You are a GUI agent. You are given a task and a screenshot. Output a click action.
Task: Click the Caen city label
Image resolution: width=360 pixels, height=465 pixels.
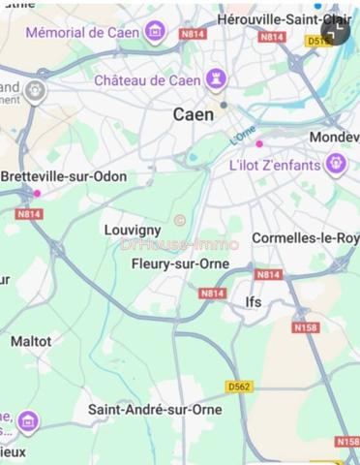click(194, 114)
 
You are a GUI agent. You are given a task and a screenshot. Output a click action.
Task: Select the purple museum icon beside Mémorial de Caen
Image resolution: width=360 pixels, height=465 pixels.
click(155, 32)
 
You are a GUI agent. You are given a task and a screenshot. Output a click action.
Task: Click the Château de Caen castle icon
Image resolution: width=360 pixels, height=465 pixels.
click(218, 79)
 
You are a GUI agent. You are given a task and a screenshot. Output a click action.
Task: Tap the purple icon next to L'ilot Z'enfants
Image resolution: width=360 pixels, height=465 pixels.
click(336, 164)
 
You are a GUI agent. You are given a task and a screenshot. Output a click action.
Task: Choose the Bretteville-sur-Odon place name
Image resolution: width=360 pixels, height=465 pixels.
click(64, 177)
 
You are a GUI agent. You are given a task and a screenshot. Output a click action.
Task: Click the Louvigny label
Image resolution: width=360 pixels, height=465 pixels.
click(132, 230)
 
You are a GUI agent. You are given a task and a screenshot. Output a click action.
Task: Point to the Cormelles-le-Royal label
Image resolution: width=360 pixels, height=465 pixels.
click(305, 237)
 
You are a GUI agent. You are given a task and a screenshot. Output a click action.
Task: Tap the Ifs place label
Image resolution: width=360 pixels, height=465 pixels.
click(254, 302)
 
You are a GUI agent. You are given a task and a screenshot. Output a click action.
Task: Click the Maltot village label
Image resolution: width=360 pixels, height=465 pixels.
click(31, 341)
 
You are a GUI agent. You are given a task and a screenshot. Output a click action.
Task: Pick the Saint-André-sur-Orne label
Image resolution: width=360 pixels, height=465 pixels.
click(155, 410)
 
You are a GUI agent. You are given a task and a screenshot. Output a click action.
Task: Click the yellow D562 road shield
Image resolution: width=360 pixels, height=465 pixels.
click(240, 387)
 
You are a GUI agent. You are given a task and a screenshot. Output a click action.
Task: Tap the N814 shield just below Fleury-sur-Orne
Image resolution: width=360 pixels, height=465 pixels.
click(212, 293)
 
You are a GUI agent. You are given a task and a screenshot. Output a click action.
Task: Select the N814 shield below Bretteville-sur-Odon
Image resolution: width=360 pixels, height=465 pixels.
click(29, 214)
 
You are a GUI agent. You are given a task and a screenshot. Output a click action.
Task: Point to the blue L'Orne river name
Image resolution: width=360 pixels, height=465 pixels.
click(243, 138)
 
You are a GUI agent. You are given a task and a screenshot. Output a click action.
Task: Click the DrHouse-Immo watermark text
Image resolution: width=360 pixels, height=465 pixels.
click(179, 244)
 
